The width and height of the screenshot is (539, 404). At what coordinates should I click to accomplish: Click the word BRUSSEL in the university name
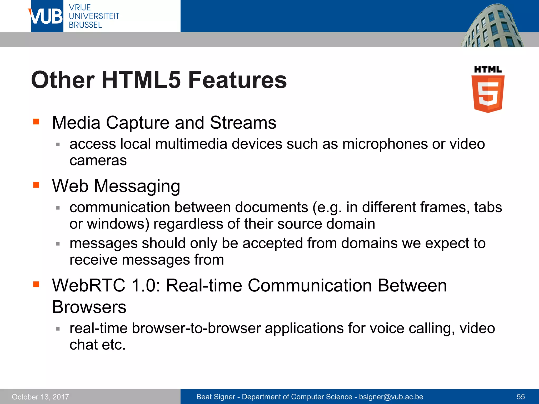click(x=85, y=25)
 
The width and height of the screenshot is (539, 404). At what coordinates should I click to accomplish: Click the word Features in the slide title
click(x=237, y=80)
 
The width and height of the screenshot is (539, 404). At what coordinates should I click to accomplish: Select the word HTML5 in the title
click(x=141, y=80)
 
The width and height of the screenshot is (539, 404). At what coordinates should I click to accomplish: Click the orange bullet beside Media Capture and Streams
click(x=36, y=122)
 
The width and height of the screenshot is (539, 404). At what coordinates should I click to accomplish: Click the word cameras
click(x=98, y=160)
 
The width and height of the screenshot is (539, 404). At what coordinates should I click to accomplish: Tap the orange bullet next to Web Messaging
click(x=36, y=185)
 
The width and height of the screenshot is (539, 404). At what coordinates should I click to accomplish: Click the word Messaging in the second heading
click(x=137, y=186)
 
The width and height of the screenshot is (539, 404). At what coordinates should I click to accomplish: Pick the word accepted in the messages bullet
click(x=272, y=243)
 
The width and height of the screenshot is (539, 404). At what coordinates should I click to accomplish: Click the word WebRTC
click(x=89, y=286)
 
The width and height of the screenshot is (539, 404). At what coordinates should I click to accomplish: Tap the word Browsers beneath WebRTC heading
click(x=89, y=307)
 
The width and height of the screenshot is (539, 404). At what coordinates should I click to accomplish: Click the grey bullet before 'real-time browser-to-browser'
click(x=58, y=329)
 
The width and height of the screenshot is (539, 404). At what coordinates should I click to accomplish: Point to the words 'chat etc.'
click(x=98, y=345)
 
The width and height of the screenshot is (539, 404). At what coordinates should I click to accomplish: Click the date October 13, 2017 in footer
click(x=40, y=397)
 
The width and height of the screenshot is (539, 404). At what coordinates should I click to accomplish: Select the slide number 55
click(x=521, y=397)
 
